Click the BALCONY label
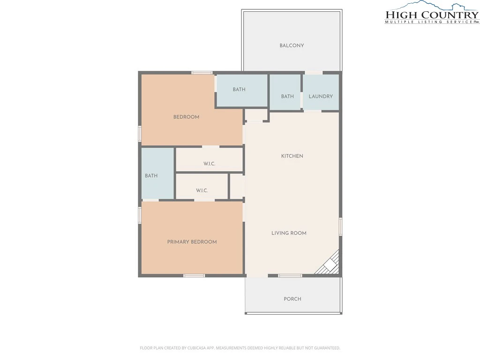click(292, 45)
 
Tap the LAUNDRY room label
click(321, 97)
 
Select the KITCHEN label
click(292, 156)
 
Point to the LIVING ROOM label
click(289, 233)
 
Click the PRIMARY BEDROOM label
click(192, 242)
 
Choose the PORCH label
click(292, 299)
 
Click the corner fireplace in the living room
click(328, 262)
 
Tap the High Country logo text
click(432, 15)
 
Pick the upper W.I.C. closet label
click(210, 164)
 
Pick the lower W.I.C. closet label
click(202, 190)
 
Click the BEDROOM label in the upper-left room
click(186, 117)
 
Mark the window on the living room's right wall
click(340, 226)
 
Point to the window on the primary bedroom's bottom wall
click(194, 276)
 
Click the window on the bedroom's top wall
click(202, 73)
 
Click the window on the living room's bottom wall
click(290, 276)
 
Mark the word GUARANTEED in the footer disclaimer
click(328, 348)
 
